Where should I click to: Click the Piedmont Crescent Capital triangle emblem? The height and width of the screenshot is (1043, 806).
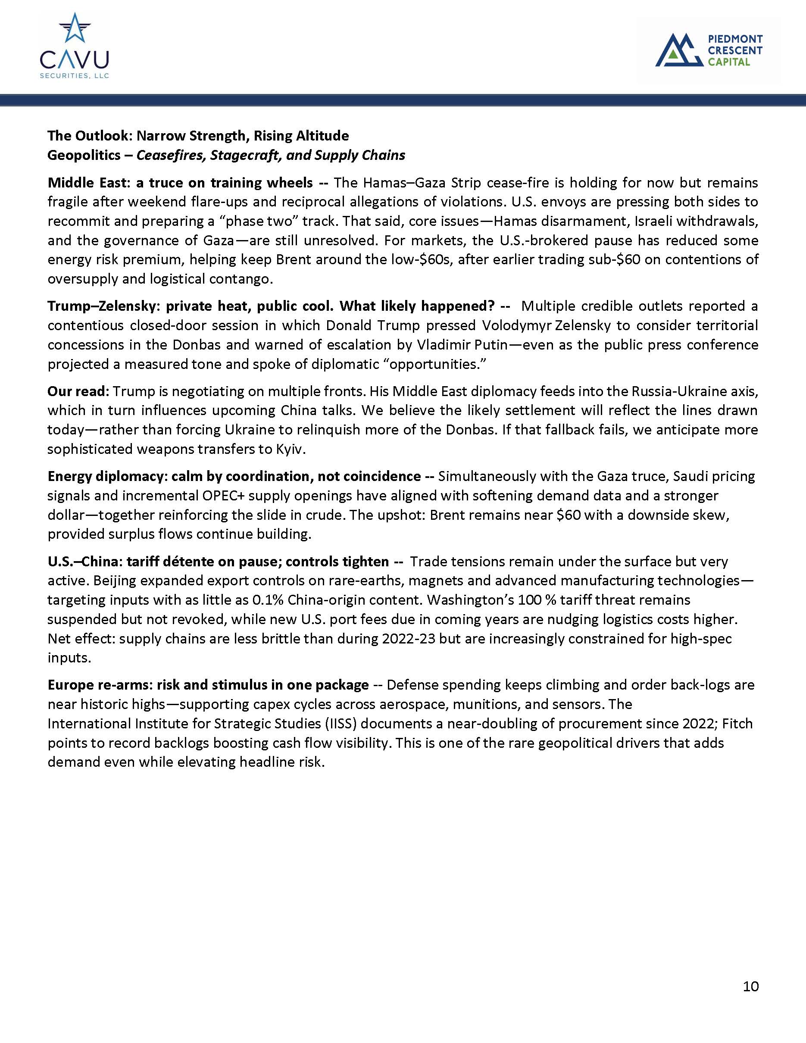pyautogui.click(x=678, y=50)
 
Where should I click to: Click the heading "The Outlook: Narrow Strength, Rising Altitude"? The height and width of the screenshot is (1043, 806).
pyautogui.click(x=198, y=136)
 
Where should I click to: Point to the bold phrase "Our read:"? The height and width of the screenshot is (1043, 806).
pyautogui.click(x=78, y=392)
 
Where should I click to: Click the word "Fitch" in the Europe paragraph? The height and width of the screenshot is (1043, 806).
pyautogui.click(x=737, y=724)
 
